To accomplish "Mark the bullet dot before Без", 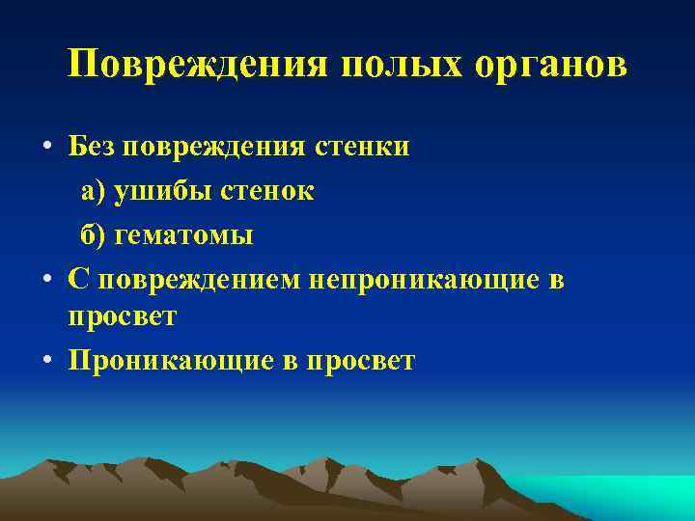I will [x=46, y=149].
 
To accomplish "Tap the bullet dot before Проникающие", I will [x=46, y=362].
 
